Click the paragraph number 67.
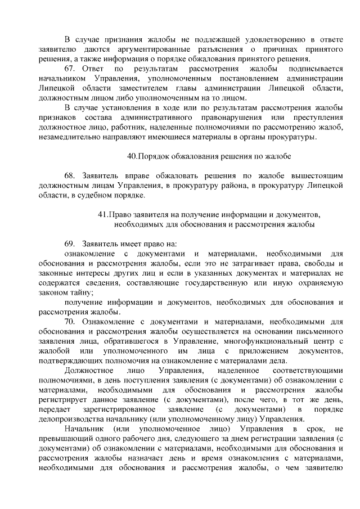69,69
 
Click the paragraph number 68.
69,175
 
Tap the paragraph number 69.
69,244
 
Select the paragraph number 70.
69,322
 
